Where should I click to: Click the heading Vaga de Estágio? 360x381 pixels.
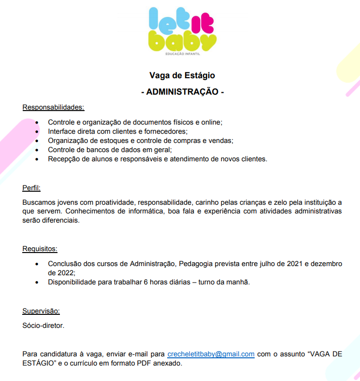(x=182, y=76)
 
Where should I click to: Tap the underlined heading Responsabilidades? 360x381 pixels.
(x=53, y=107)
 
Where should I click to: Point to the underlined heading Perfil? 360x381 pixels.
(x=31, y=187)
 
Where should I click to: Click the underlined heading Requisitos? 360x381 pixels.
(x=40, y=249)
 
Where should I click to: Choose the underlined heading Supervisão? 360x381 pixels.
(x=41, y=311)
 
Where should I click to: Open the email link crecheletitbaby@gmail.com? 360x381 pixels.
(x=211, y=354)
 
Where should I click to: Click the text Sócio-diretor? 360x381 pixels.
(x=43, y=325)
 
